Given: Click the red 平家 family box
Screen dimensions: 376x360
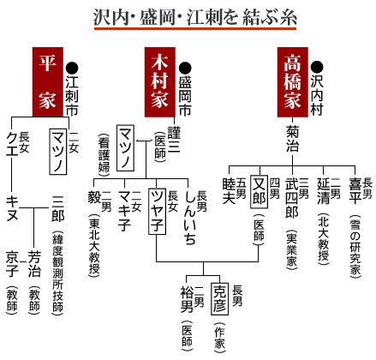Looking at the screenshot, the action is click(x=48, y=82).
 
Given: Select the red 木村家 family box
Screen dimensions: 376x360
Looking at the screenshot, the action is click(x=159, y=82).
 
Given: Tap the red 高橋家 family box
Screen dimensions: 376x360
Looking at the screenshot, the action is click(x=293, y=82).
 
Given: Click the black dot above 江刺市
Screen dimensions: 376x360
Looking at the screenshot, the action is click(x=72, y=68).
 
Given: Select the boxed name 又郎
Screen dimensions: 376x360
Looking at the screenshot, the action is click(x=260, y=192).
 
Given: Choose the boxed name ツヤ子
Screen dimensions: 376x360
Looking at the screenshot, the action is click(x=157, y=211).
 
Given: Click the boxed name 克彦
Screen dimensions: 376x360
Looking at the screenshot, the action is click(x=219, y=298).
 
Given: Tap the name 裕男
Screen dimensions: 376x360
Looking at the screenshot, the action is click(x=187, y=299).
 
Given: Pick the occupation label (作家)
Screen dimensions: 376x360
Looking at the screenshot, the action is click(x=219, y=338).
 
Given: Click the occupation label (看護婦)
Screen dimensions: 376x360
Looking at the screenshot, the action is click(x=104, y=155).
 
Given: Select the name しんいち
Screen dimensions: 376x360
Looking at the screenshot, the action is click(x=190, y=218).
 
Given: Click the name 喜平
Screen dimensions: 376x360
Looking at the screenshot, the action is click(x=355, y=191).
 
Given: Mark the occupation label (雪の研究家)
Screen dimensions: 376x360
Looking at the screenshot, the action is click(x=355, y=246).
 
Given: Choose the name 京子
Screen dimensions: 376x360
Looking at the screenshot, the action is click(x=12, y=264).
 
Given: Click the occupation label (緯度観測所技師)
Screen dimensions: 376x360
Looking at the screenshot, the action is click(x=57, y=273).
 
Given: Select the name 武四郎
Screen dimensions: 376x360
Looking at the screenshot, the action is click(x=292, y=198).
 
